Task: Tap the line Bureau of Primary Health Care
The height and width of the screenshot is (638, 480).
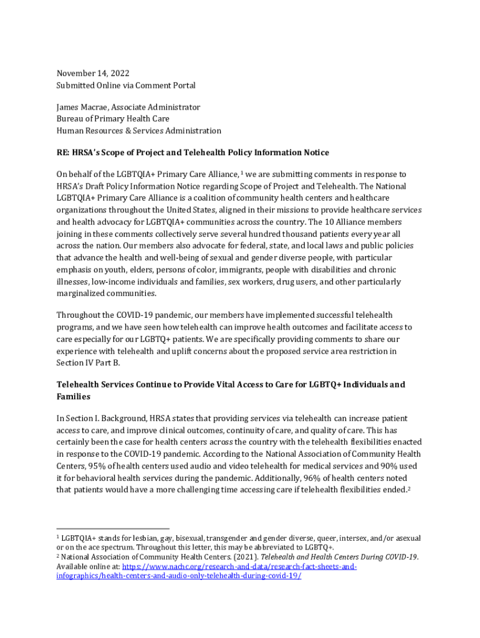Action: click(x=113, y=119)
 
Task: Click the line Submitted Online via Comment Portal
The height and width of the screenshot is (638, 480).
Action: click(x=126, y=85)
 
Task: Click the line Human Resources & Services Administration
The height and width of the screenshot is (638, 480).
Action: click(x=138, y=131)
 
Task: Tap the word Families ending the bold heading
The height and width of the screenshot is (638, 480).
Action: click(x=74, y=396)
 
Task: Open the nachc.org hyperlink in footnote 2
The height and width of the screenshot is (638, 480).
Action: click(x=239, y=567)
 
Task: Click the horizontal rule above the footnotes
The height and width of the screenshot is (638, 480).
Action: click(x=113, y=529)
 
